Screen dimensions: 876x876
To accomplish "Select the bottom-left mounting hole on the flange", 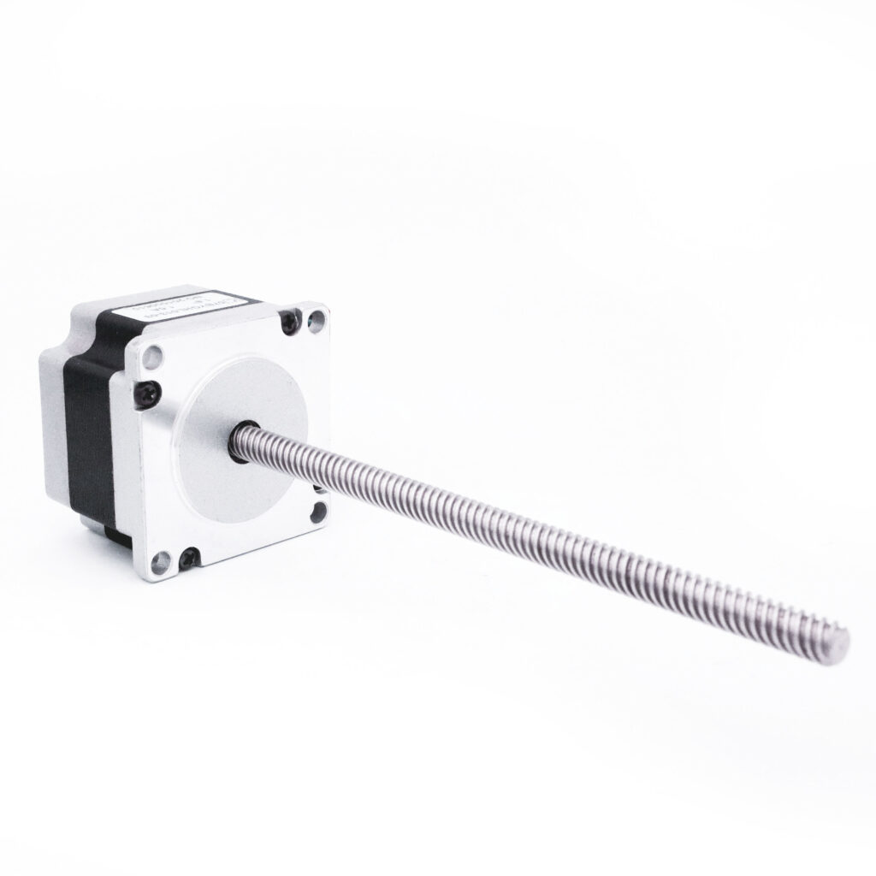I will coord(160,561).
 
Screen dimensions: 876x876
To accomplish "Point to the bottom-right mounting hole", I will coord(319,512).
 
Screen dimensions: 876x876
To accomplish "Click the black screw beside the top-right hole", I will coord(289,323).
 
